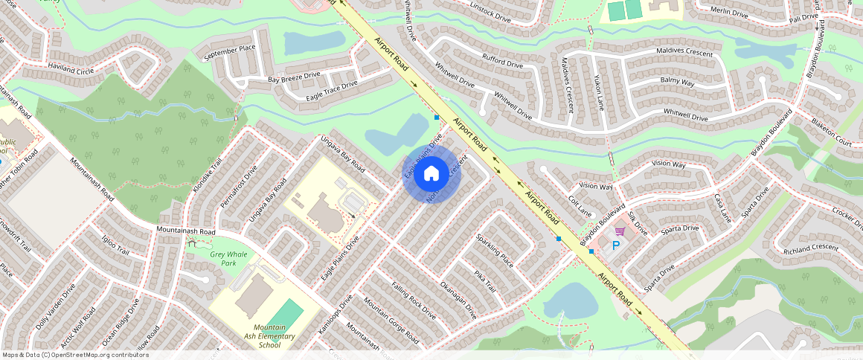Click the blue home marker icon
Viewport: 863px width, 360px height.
pos(431,174)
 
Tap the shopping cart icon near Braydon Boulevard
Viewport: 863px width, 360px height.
pos(619,232)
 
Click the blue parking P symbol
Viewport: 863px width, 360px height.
pos(616,245)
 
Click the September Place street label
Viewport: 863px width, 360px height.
pos(229,52)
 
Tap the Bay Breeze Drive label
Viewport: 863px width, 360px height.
pos(294,76)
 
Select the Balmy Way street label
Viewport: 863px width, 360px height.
pos(677,82)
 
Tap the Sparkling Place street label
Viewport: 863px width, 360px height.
pos(495,251)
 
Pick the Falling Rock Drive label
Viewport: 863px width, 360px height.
pos(414,301)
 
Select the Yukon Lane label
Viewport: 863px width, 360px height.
pos(600,90)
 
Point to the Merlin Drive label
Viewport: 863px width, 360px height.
pos(728,13)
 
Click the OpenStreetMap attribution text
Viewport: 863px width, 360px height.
pos(76,355)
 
